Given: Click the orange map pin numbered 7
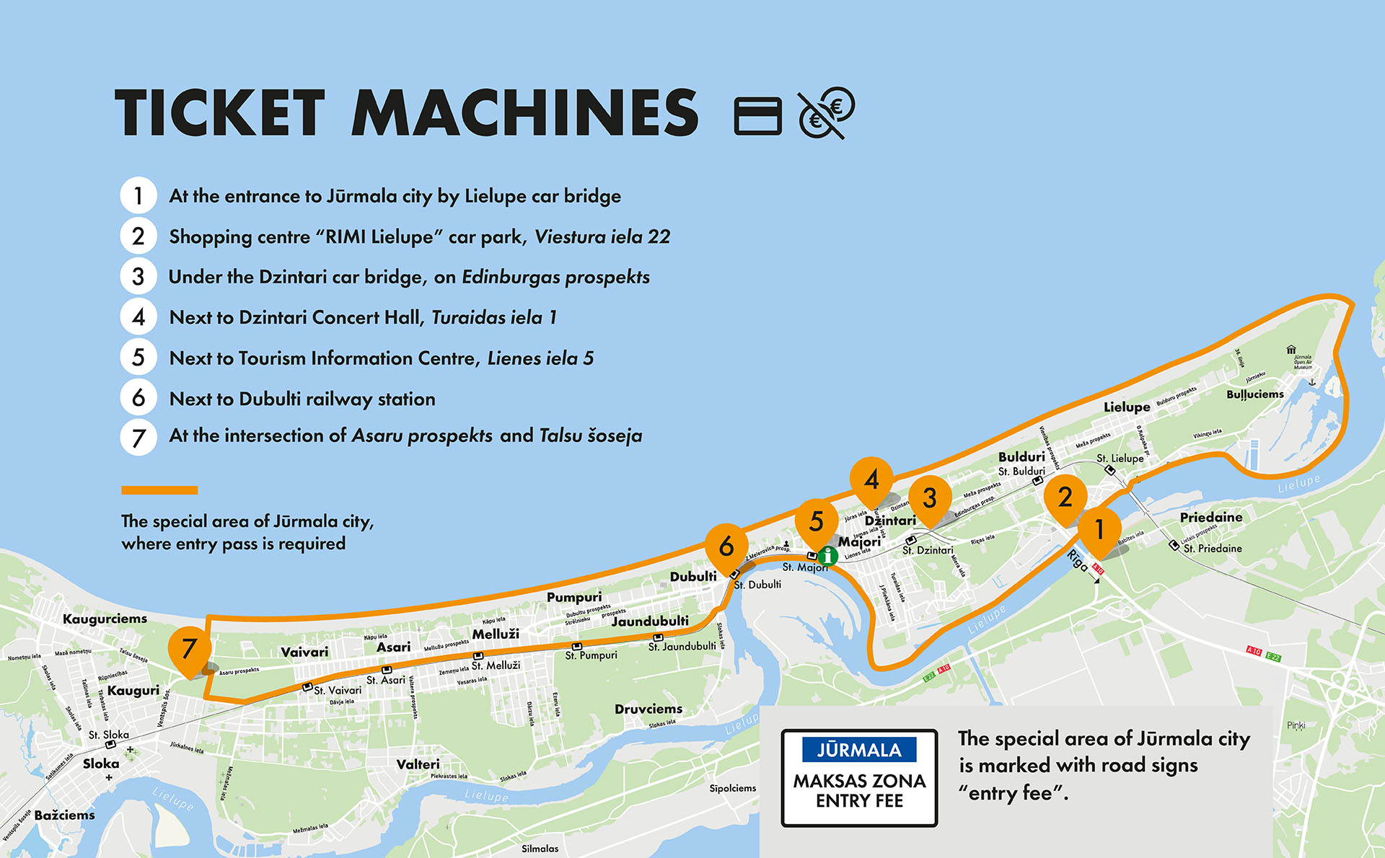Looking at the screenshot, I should tap(189, 648).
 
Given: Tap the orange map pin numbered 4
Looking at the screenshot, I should tap(871, 479).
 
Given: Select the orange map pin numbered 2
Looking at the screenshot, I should tap(1065, 497).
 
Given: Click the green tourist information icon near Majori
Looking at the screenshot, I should tap(828, 555).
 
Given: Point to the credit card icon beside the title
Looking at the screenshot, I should tap(757, 115).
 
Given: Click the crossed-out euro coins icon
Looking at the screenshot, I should tap(826, 112).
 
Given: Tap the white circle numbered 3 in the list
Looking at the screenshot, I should tap(138, 277).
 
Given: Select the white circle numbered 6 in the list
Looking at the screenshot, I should tap(138, 398).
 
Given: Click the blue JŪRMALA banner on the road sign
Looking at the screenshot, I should tap(858, 750).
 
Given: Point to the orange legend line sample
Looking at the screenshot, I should tap(159, 490).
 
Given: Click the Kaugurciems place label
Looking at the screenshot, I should tap(105, 619).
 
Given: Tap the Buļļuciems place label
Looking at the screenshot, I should tap(1254, 394).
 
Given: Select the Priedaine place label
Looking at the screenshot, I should tap(1210, 517).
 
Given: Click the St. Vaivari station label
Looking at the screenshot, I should tap(338, 690).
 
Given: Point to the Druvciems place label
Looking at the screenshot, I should tap(648, 709).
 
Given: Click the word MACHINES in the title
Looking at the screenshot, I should tap(524, 112).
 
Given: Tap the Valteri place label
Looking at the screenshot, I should tap(418, 764).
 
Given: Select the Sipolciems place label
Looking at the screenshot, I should tap(732, 788).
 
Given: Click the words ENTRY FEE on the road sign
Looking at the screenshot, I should tap(859, 801).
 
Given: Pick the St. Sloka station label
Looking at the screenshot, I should tap(108, 735).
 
